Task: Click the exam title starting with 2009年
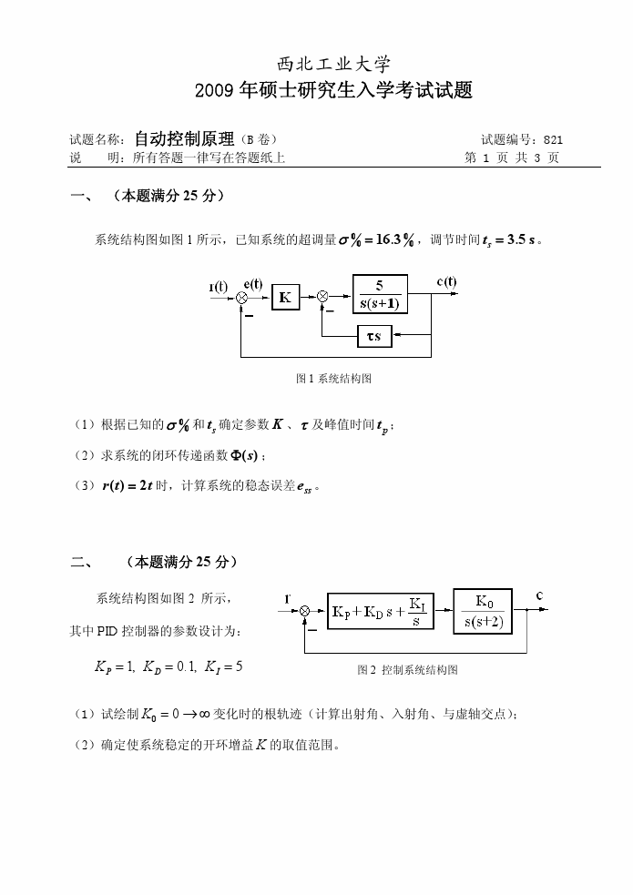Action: pyautogui.click(x=334, y=90)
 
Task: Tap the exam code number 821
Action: pyautogui.click(x=553, y=139)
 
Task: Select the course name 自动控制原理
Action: pyautogui.click(x=184, y=139)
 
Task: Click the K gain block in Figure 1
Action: pyautogui.click(x=285, y=297)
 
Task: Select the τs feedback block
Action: pyautogui.click(x=374, y=336)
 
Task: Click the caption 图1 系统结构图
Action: pyautogui.click(x=333, y=378)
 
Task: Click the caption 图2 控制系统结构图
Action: pyautogui.click(x=407, y=670)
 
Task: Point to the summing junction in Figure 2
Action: pyautogui.click(x=305, y=612)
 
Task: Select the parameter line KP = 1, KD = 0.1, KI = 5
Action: pyautogui.click(x=168, y=666)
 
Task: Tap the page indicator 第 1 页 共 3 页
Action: pyautogui.click(x=511, y=158)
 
